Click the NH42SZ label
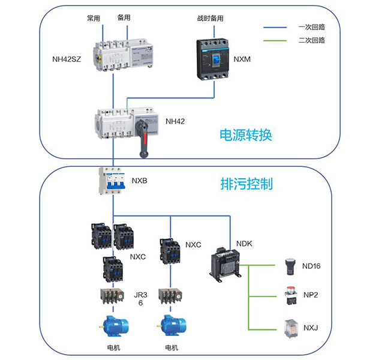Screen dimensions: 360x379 (x=67, y=59)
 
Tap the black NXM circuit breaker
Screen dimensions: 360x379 (x=214, y=59)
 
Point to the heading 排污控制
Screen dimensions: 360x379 (x=246, y=184)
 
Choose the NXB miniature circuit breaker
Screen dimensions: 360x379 (x=112, y=181)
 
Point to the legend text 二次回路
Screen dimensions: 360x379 (x=311, y=41)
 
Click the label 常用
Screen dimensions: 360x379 (x=94, y=18)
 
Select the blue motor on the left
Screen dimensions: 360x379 (x=112, y=326)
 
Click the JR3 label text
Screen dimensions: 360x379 (x=138, y=296)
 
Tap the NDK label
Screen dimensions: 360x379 (x=244, y=244)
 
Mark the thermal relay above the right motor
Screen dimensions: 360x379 (x=170, y=297)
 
